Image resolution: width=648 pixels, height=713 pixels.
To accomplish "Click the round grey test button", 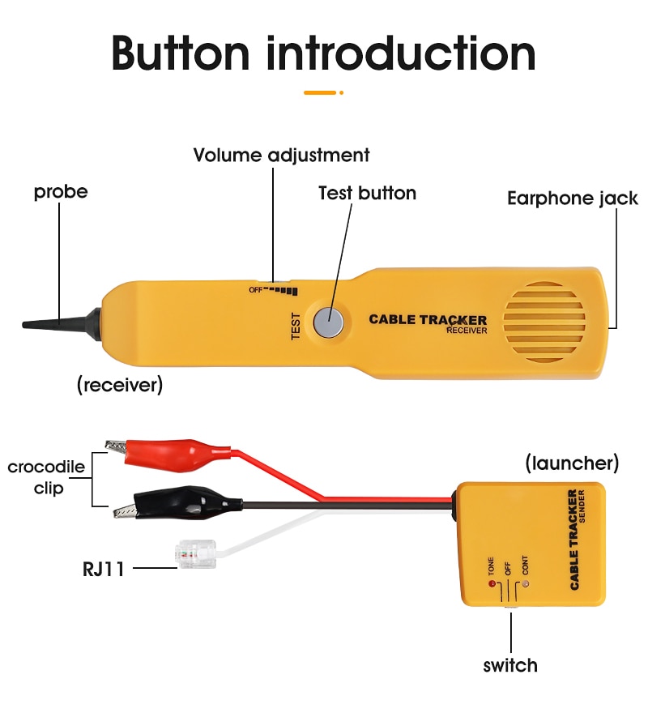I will click(329, 322).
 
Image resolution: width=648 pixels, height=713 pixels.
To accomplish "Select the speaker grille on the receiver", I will click(544, 322).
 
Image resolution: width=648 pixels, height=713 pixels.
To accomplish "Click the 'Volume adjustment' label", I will click(281, 155).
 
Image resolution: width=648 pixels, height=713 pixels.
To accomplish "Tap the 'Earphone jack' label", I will click(572, 198).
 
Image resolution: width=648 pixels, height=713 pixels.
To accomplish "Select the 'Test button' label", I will click(367, 193).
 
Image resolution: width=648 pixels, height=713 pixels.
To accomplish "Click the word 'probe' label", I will click(61, 192).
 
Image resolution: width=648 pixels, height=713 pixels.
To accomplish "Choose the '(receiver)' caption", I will click(120, 386).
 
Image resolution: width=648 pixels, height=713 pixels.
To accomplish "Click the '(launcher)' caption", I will click(572, 463).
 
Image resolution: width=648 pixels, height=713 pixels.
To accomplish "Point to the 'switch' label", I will click(510, 665).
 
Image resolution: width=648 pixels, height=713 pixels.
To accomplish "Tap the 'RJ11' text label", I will click(104, 568).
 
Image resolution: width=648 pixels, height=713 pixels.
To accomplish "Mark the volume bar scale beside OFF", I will click(283, 290).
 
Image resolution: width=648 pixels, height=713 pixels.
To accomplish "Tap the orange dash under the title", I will click(321, 92).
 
